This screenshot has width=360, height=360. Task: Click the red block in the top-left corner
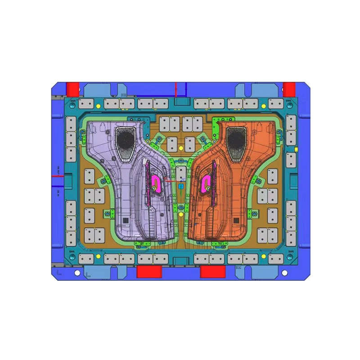pos(72,88)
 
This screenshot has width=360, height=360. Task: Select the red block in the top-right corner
pos(289,88)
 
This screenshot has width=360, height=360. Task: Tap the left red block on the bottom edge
pos(149,271)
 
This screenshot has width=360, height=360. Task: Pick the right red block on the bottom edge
pos(212,271)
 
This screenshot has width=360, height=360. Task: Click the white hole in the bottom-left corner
pos(77,273)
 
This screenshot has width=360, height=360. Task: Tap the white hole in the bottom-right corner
pos(284,273)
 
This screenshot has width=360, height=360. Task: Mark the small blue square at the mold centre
pos(181,185)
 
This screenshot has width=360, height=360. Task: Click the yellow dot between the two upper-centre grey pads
pos(181,147)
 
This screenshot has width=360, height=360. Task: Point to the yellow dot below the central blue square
pos(181,215)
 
